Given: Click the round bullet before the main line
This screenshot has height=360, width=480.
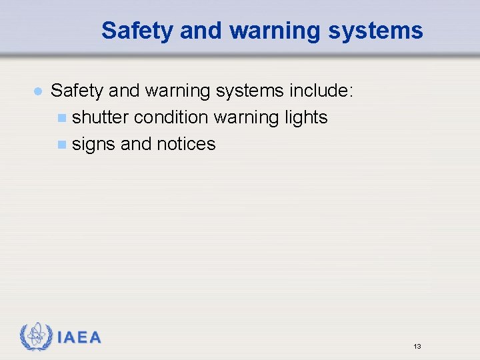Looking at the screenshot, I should click(x=38, y=91).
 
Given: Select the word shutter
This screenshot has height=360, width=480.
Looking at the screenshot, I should click(x=100, y=117).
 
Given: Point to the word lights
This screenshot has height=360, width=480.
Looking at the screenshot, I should click(x=305, y=117).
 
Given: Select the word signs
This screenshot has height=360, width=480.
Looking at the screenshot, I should click(x=93, y=144).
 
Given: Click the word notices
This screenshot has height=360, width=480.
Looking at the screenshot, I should click(x=186, y=144).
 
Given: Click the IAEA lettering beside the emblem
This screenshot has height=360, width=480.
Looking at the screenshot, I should click(x=79, y=338).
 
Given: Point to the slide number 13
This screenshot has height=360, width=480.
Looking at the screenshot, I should click(x=417, y=347).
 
